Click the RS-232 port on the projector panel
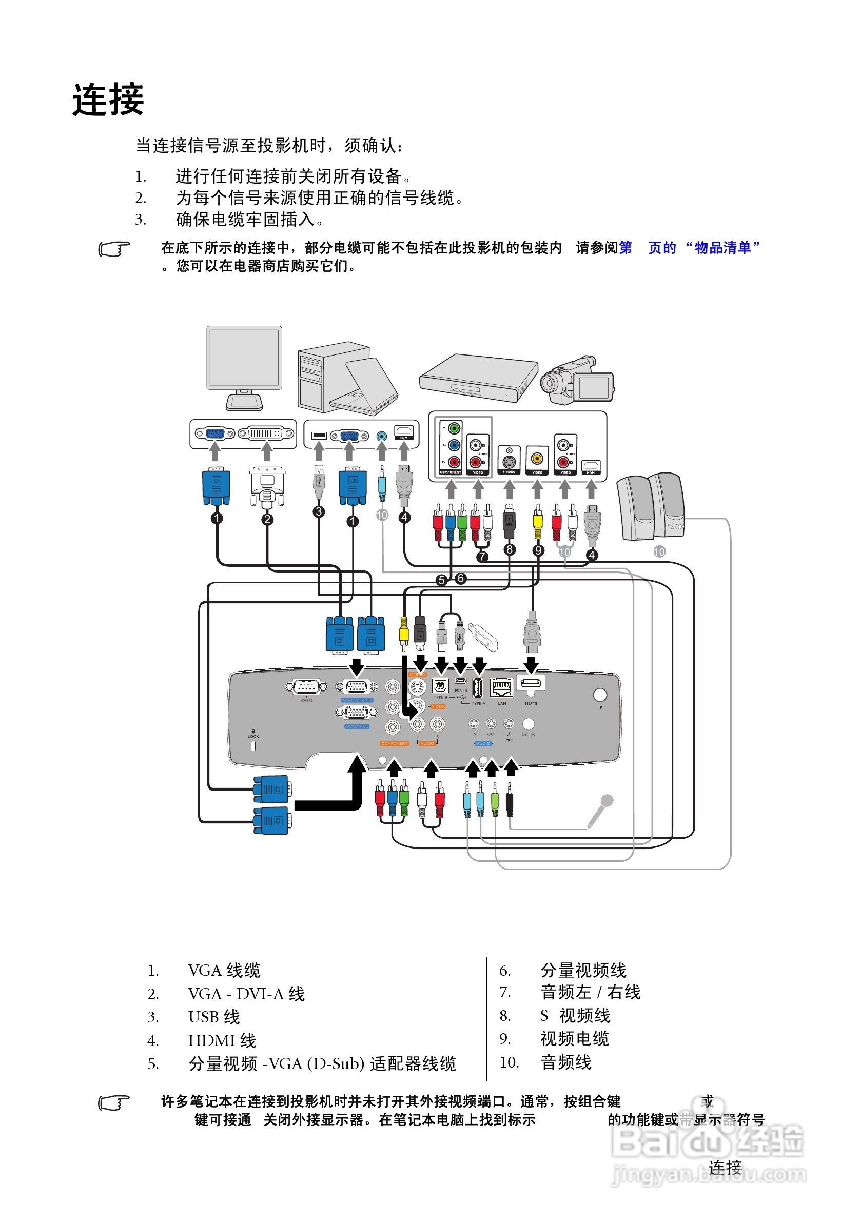pos(305,686)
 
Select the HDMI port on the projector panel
pos(530,683)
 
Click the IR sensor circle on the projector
pos(599,695)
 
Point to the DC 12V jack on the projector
pos(528,723)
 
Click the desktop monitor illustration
pos(244,367)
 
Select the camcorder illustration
pos(577,380)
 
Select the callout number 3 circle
pos(318,511)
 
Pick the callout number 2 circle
pos(267,519)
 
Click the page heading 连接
pos(108,100)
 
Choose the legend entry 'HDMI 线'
pos(222,1040)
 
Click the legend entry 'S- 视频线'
pos(574,1015)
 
